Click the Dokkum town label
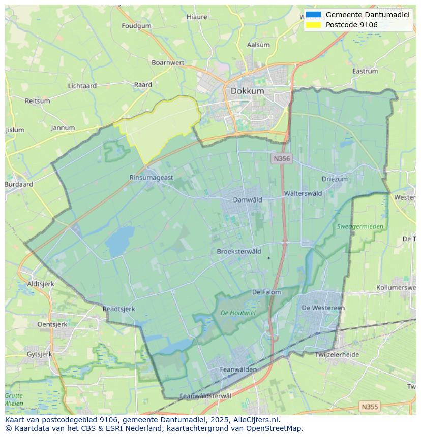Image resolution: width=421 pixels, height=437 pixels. (x=247, y=91)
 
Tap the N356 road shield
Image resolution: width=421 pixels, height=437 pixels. (x=281, y=159)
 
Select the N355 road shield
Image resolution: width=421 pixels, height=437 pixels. (x=369, y=407)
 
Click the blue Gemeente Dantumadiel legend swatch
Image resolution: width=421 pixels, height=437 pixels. (x=314, y=15)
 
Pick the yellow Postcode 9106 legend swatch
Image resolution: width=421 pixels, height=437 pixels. (x=314, y=25)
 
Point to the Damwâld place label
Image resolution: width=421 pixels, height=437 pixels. (x=248, y=200)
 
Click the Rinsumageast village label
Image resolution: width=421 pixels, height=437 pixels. (x=151, y=178)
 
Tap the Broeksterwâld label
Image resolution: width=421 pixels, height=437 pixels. (x=239, y=251)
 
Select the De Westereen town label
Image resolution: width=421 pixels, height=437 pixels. (x=323, y=308)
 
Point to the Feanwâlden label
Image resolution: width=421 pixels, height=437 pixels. (x=238, y=369)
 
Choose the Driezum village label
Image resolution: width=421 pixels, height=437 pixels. (x=335, y=179)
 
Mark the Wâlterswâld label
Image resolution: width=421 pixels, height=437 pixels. (x=303, y=193)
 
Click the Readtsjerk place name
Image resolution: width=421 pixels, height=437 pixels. (x=118, y=309)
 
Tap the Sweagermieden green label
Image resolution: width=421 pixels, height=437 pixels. (x=360, y=226)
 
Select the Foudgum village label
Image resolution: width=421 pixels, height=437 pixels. (x=136, y=26)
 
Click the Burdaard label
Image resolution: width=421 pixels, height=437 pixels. (x=19, y=185)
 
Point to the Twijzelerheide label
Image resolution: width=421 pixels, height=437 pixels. (x=337, y=355)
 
